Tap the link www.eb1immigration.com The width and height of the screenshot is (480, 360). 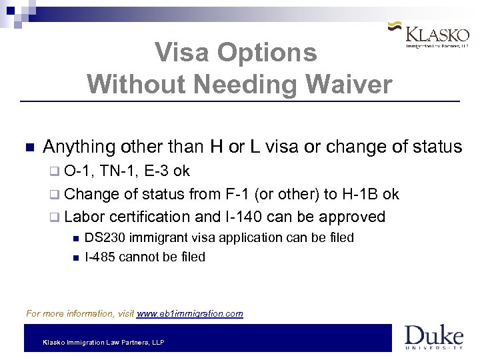click(189, 313)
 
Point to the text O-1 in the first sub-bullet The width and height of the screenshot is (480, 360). click(80, 171)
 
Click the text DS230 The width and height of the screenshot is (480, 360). click(104, 237)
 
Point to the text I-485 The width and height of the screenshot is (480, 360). click(100, 257)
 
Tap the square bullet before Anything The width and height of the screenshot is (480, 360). click(29, 147)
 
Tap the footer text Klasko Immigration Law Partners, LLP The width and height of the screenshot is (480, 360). click(103, 342)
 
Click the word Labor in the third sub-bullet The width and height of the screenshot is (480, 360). click(82, 217)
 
